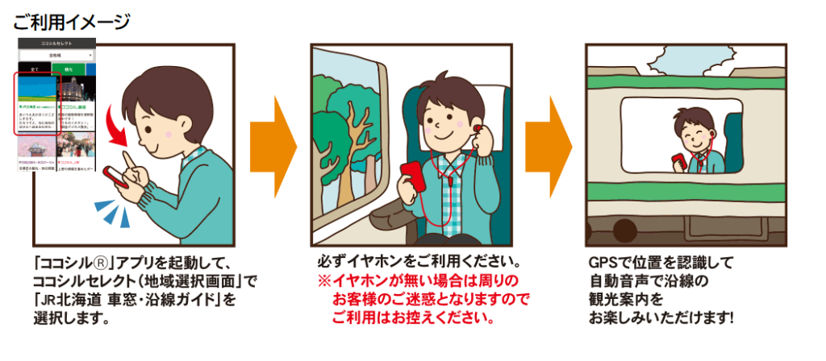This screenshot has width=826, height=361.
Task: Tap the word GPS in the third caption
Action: [603, 263]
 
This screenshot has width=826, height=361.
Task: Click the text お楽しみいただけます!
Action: [661, 317]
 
